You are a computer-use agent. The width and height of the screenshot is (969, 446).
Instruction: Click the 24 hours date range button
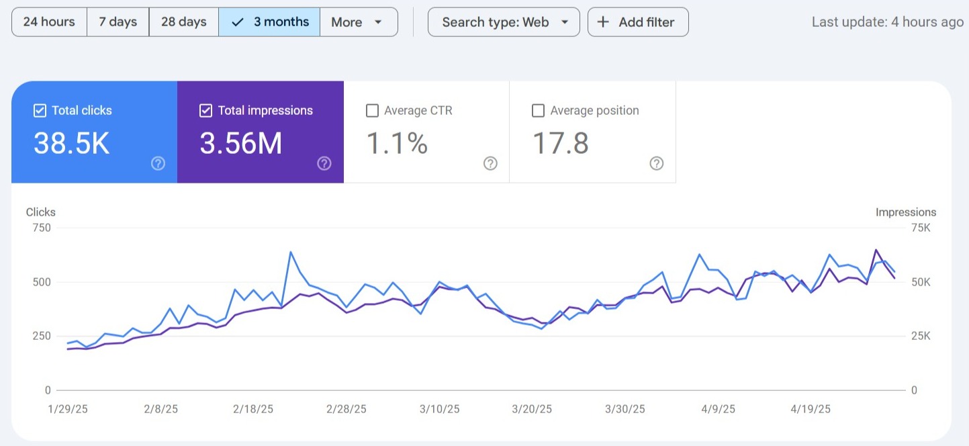tap(49, 22)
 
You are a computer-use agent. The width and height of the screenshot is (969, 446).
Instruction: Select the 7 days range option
tap(118, 22)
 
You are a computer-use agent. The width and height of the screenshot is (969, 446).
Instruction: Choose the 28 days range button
tap(183, 22)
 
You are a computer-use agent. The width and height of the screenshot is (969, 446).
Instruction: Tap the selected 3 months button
tap(269, 22)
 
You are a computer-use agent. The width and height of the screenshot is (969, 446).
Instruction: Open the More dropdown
tap(358, 22)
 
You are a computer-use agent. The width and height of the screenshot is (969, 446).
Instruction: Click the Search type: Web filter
tap(504, 22)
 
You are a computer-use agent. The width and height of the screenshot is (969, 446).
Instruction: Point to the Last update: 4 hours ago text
tap(887, 22)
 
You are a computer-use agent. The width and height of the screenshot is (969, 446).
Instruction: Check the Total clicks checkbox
tap(40, 111)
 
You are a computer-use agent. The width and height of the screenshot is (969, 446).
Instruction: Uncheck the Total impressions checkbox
tap(206, 111)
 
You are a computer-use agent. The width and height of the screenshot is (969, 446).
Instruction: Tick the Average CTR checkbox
tap(372, 111)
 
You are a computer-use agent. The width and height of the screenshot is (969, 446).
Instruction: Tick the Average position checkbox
tap(538, 111)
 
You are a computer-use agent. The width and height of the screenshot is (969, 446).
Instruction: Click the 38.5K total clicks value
tap(71, 144)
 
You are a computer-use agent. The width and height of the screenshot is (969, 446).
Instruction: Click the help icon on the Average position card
tap(657, 163)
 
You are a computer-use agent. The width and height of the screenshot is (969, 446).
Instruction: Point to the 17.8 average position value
tap(560, 144)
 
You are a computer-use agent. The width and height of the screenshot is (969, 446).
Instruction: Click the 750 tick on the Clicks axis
tap(41, 228)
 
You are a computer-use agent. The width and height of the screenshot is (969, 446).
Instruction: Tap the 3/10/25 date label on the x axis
tap(440, 408)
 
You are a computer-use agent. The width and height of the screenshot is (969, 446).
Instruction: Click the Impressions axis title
tap(905, 212)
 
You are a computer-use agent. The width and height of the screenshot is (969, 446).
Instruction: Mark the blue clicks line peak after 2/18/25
tap(290, 252)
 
